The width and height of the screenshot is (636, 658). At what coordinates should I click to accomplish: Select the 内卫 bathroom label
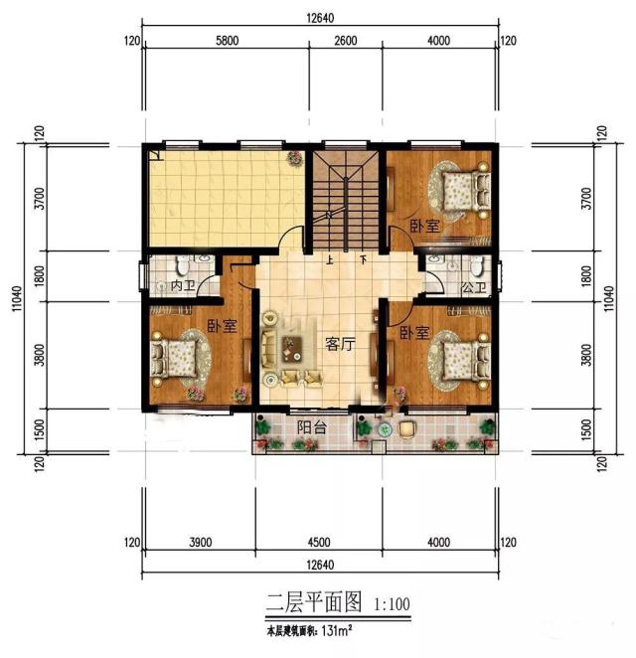[x=182, y=286]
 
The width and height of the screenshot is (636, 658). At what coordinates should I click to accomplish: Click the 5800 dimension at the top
[x=227, y=41]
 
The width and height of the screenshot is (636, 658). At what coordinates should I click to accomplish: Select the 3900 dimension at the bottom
[x=200, y=543]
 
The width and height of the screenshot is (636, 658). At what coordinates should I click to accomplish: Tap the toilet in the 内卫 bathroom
[x=181, y=266]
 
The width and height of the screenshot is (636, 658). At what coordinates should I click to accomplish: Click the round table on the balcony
[x=406, y=427]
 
